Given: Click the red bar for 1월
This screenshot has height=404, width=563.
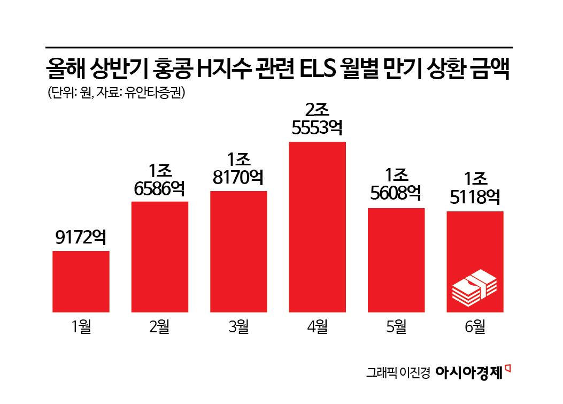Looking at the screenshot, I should (x=81, y=281).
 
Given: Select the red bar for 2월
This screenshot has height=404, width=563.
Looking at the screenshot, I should (x=159, y=256).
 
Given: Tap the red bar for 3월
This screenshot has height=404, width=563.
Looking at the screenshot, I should (x=238, y=251).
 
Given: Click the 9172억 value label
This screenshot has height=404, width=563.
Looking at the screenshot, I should (x=81, y=238).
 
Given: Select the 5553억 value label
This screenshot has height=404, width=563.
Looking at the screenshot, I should (x=317, y=129).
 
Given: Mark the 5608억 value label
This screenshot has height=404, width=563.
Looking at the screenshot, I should (x=396, y=195).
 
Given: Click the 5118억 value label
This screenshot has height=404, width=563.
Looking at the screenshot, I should (x=475, y=198).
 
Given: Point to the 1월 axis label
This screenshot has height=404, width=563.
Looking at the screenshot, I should (x=81, y=326).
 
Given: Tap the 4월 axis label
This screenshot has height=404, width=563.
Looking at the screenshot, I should (x=317, y=326).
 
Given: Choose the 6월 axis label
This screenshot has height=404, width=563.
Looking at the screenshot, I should (x=475, y=326).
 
